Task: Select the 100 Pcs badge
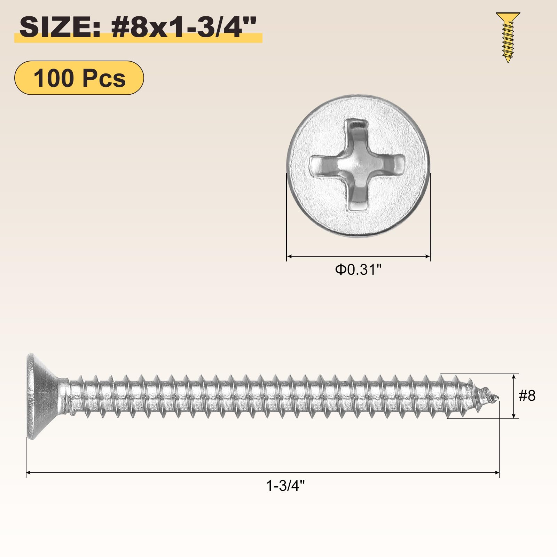tap(79, 78)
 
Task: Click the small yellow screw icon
tap(508, 38)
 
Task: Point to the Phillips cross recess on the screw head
tap(358, 165)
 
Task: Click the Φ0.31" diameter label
tap(358, 270)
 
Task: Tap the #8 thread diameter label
tap(527, 396)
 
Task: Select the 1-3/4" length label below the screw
tap(285, 485)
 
